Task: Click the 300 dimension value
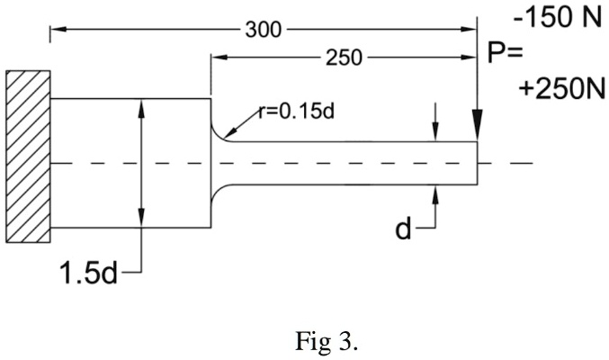[x=263, y=29]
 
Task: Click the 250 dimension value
[x=343, y=58]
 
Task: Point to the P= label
[x=506, y=53]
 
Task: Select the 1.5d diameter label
[x=89, y=272]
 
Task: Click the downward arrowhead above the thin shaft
[x=434, y=134]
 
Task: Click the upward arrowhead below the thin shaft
[x=434, y=193]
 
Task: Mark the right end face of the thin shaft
[x=477, y=164]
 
